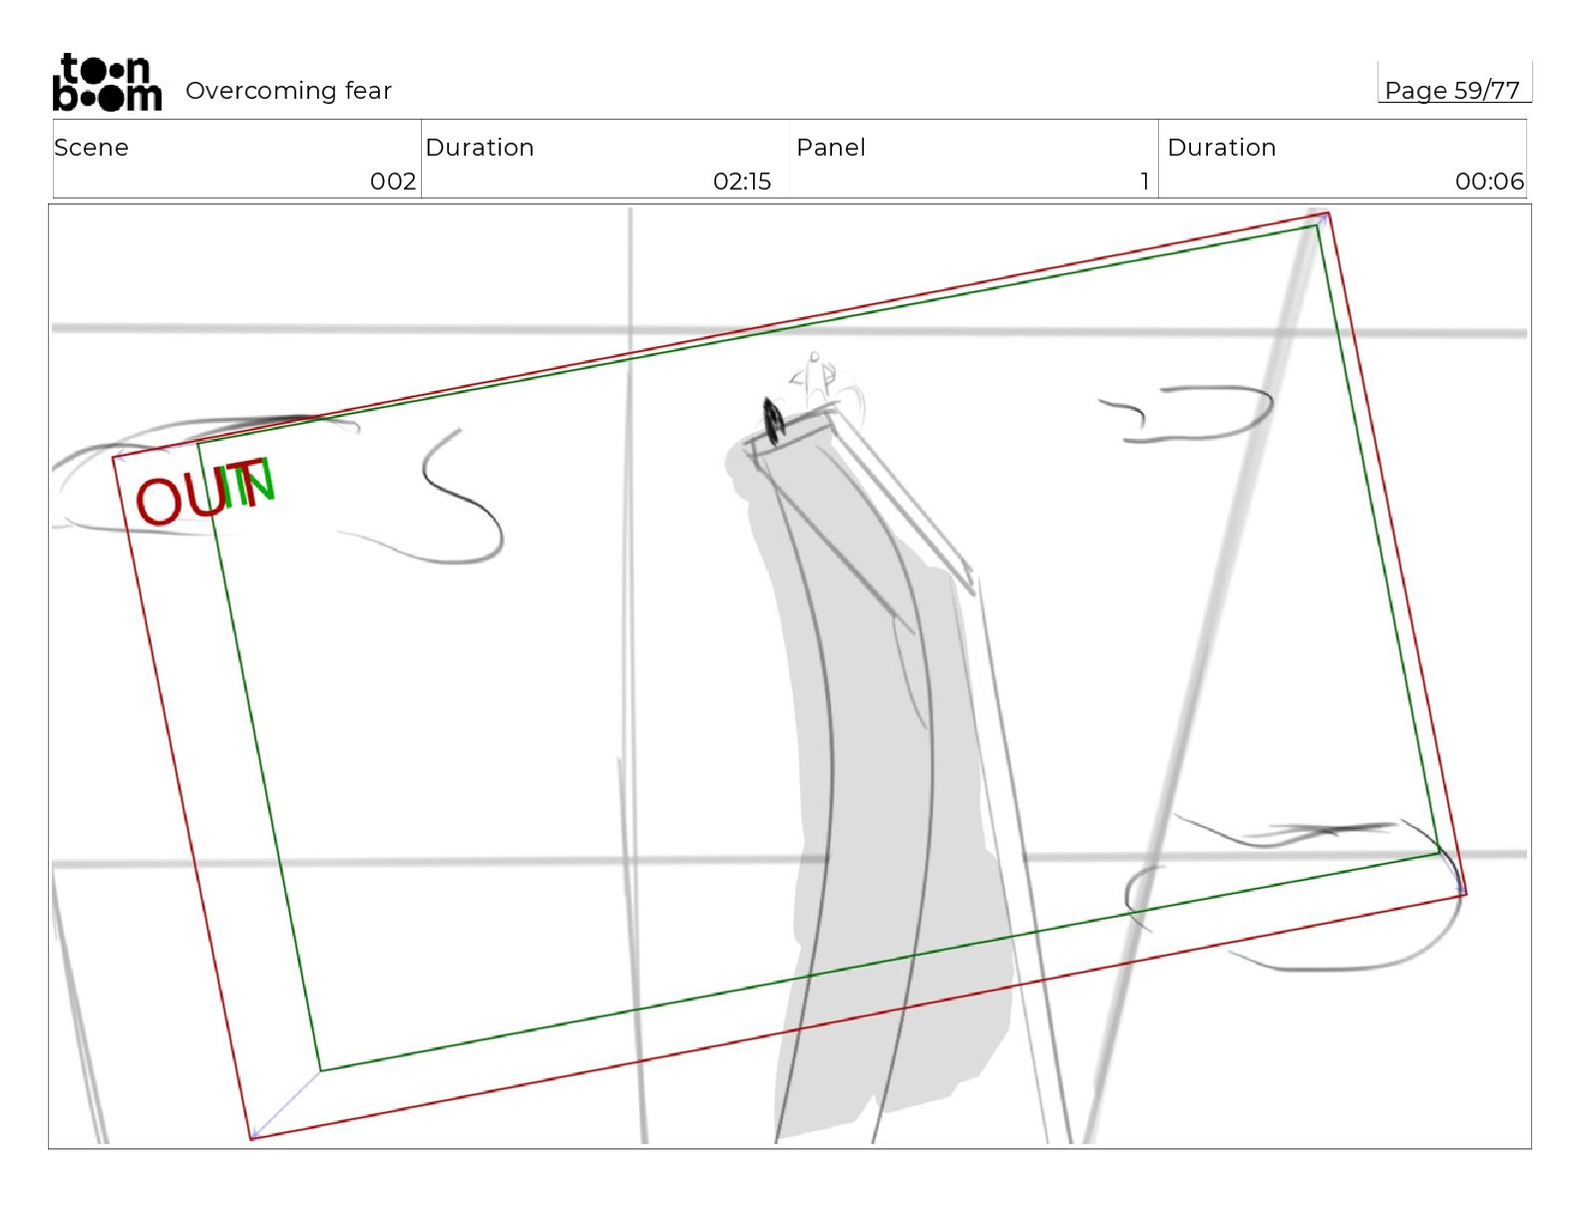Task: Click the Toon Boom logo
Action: point(107,82)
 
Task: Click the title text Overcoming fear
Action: point(288,91)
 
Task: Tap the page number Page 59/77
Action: point(1451,91)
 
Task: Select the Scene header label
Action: point(91,148)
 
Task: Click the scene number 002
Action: point(392,182)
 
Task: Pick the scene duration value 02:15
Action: point(742,182)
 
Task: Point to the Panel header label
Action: point(830,148)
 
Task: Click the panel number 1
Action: point(1144,182)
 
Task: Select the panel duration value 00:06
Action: point(1489,182)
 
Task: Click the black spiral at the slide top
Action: point(773,420)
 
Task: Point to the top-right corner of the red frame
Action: point(1328,213)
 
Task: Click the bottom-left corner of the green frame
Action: point(320,1070)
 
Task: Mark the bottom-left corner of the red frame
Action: point(250,1138)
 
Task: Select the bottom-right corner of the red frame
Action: point(1464,895)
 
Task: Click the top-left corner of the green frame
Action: point(198,442)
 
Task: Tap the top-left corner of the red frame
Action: point(114,457)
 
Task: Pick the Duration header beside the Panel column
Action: point(1221,148)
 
